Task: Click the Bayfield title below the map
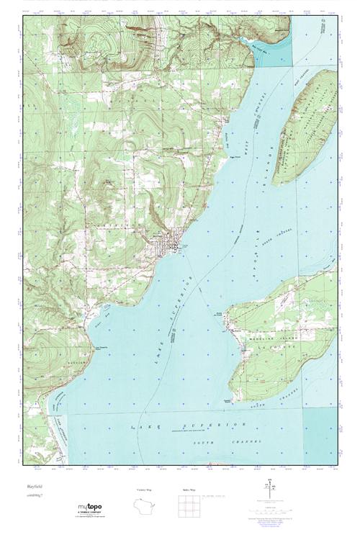(x=34, y=487)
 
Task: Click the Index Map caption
(x=189, y=490)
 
